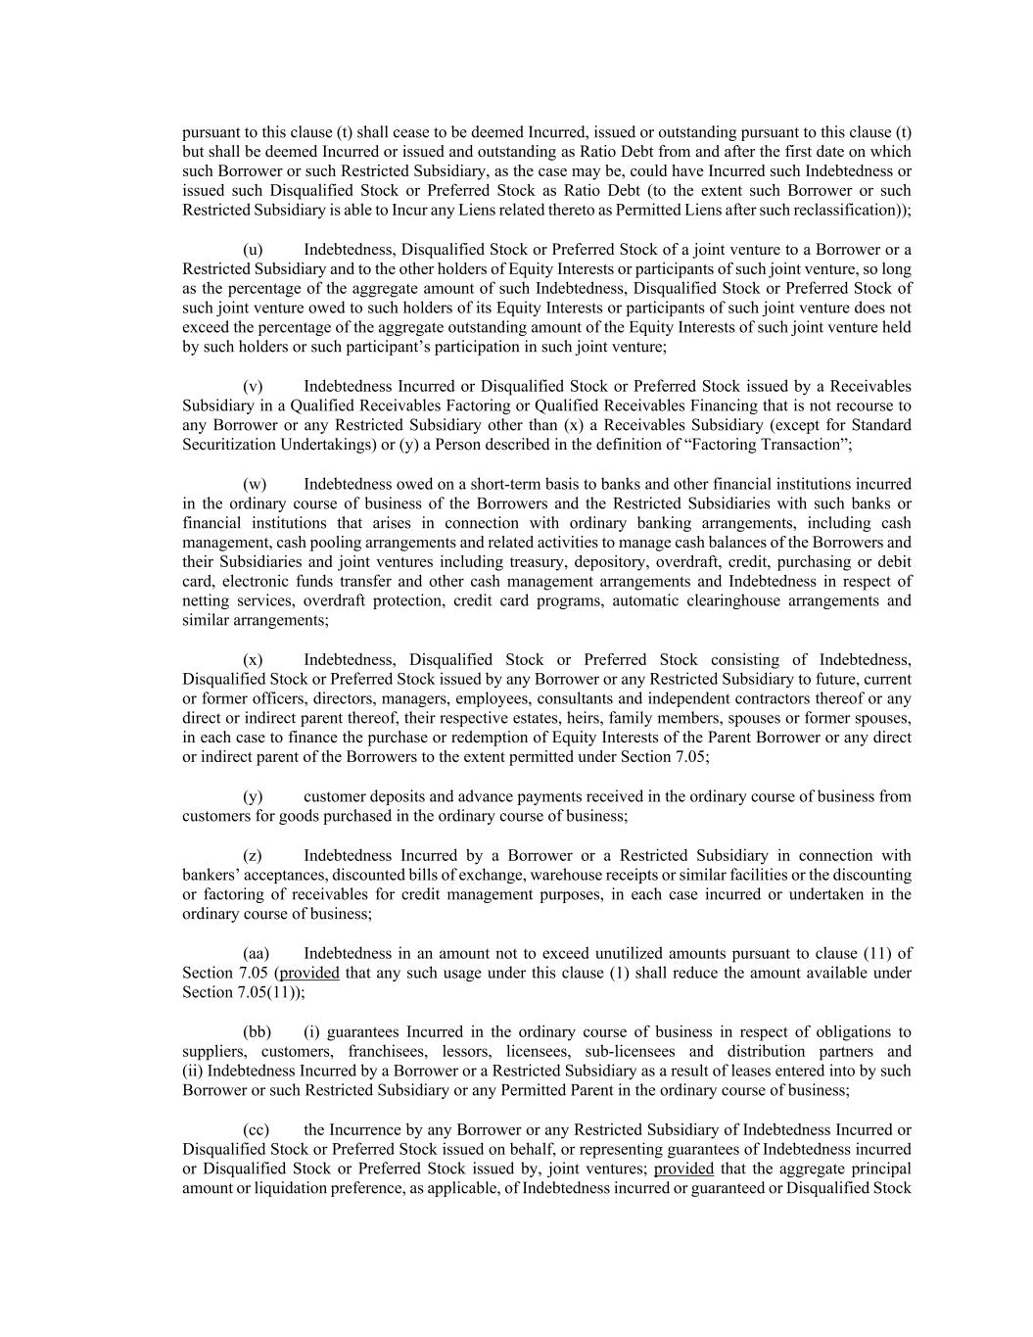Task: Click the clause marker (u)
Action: pos(253,249)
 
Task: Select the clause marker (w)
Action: pos(255,484)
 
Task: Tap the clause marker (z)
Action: pos(253,855)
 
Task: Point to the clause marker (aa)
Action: pos(256,953)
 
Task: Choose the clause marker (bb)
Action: pos(257,1031)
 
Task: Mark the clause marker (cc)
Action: pos(256,1129)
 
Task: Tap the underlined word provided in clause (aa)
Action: pos(309,973)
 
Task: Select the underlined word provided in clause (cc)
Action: pos(683,1169)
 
